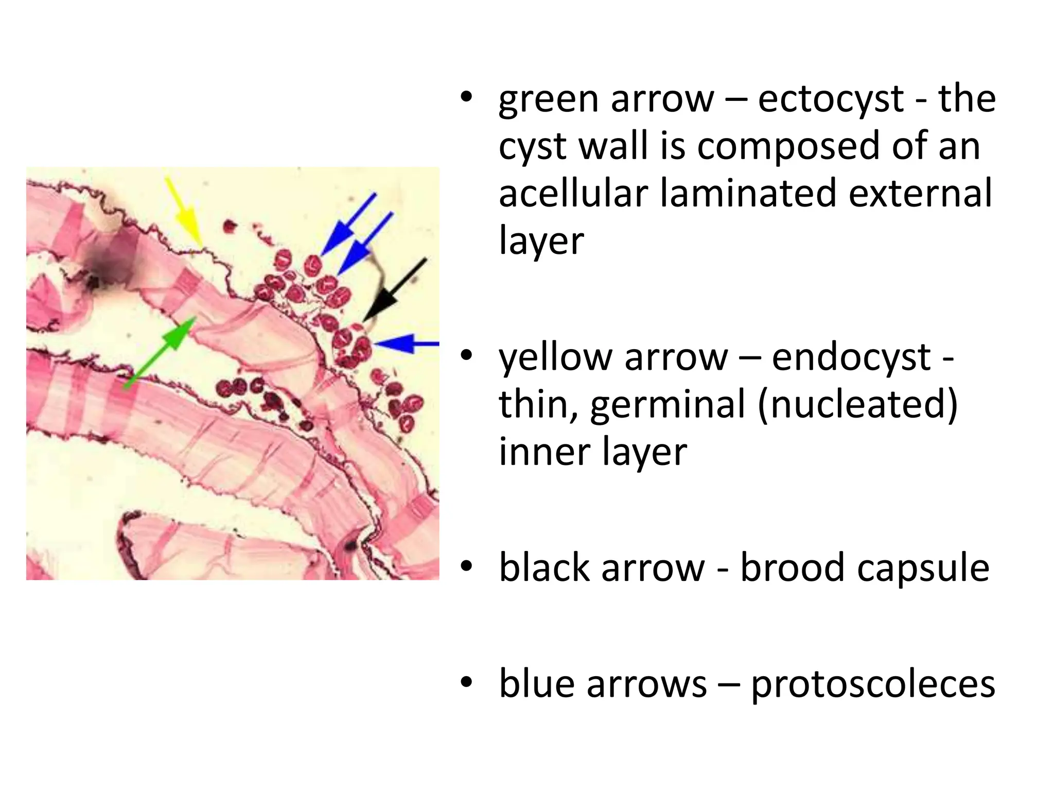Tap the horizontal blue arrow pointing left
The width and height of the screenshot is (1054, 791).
(x=407, y=343)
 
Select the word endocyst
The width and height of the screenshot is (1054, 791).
(x=851, y=357)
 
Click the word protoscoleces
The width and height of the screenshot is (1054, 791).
(x=873, y=684)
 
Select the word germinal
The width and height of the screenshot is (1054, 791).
(x=667, y=404)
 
